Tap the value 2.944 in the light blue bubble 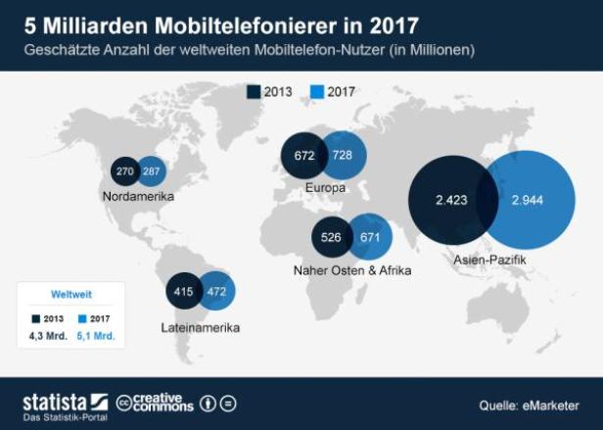tap(527, 200)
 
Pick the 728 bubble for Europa tap(344, 156)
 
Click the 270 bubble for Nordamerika tap(125, 170)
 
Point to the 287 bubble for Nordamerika tap(152, 170)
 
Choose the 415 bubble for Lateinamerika tap(181, 291)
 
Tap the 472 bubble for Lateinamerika tap(215, 291)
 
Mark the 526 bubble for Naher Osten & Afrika tap(330, 237)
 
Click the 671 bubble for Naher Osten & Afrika tap(370, 237)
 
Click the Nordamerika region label tap(138, 197)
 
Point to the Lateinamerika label tap(200, 327)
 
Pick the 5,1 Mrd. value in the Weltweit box tap(95, 336)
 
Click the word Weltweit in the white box tap(70, 294)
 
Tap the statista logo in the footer tap(65, 403)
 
